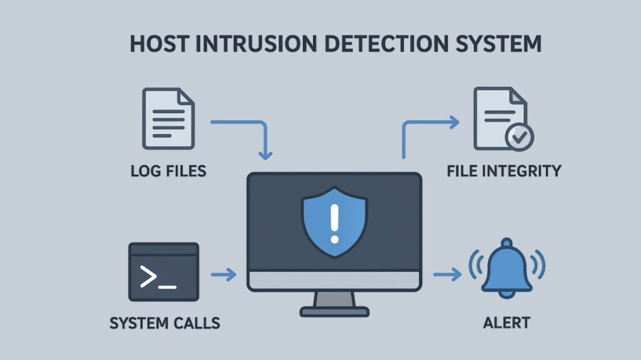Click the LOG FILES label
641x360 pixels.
tap(168, 170)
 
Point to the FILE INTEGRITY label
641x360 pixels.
tap(504, 170)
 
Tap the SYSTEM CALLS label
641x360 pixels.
tap(165, 323)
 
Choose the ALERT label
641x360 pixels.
tap(506, 323)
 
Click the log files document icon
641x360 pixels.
tap(168, 118)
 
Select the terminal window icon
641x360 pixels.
tap(163, 272)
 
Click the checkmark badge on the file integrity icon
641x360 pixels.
tap(519, 136)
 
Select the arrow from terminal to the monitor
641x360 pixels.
tap(223, 274)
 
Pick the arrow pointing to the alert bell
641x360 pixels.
tap(447, 274)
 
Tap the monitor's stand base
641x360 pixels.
tap(334, 311)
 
